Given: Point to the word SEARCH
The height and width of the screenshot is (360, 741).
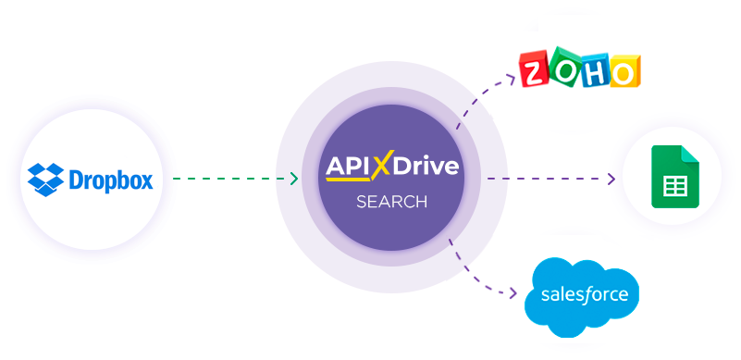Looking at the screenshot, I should point(392,201).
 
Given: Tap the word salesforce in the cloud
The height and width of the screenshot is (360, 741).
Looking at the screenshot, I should point(583,295).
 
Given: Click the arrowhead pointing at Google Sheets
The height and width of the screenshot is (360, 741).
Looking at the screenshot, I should point(611,179).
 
